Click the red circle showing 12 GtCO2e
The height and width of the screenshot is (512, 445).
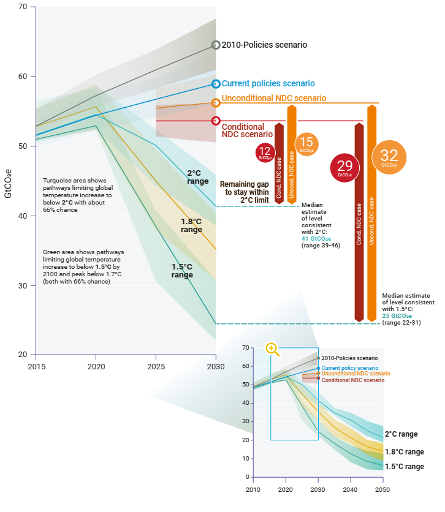click(x=265, y=152)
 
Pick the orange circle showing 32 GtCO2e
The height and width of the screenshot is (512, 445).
click(x=389, y=157)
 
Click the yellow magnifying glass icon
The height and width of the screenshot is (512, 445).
click(x=272, y=348)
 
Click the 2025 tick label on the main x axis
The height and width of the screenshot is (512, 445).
click(x=156, y=366)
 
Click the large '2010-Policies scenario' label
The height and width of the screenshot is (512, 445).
click(x=264, y=45)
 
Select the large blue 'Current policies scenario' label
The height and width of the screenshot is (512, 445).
click(x=268, y=84)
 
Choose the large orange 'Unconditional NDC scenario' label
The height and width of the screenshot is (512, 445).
click(x=273, y=98)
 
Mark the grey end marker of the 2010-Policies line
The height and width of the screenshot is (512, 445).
click(x=216, y=45)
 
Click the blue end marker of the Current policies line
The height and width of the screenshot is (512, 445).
click(x=216, y=85)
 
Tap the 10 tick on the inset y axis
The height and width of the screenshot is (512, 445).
click(x=245, y=459)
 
